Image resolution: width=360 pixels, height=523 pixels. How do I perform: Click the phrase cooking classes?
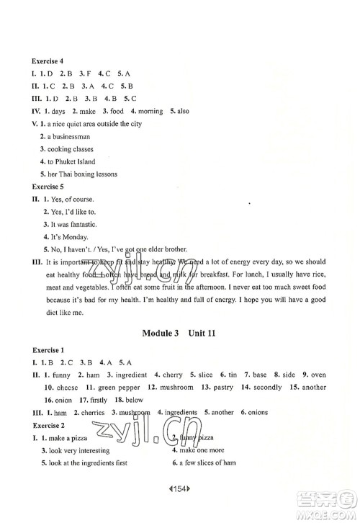coord(73,148)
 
